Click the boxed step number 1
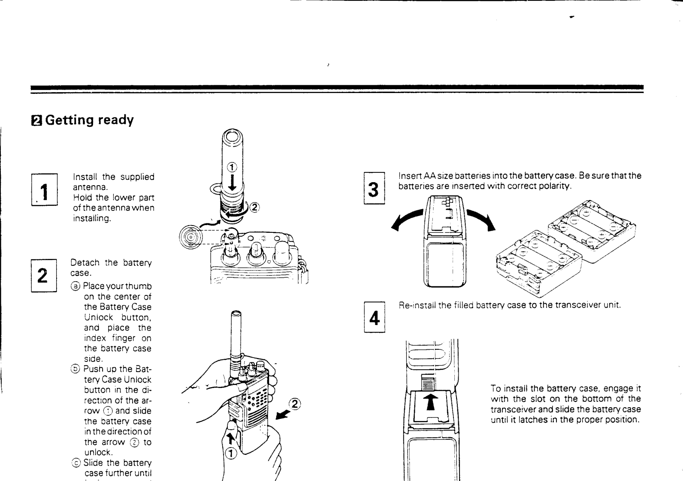point(44,190)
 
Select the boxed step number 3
point(374,189)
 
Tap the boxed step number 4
point(375,318)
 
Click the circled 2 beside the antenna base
point(254,208)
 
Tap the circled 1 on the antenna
point(231,167)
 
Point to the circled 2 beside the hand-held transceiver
point(295,403)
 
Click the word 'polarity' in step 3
point(556,186)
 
